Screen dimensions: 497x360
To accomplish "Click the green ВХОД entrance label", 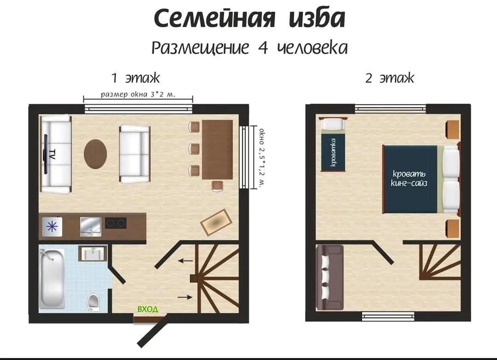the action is (147, 309).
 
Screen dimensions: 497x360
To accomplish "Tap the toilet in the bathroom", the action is (93, 302).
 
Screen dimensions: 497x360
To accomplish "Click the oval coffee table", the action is (95, 154).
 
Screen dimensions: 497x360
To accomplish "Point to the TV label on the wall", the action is (52, 154).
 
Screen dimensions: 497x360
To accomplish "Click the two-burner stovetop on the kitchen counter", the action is (116, 223).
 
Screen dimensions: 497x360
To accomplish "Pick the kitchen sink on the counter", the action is (91, 226).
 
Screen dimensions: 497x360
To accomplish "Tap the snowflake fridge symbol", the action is (52, 227).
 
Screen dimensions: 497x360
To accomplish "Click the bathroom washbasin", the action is (92, 254).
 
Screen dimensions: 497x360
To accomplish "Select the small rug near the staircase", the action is (216, 222).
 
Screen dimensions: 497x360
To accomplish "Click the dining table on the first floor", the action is (217, 149).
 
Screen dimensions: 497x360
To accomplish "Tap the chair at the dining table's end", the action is (217, 186).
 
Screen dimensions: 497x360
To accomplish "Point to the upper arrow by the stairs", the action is (185, 261).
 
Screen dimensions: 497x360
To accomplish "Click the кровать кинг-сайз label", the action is (409, 178).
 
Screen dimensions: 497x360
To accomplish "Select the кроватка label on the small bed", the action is (333, 152).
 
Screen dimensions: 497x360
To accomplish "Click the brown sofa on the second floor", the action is (329, 277).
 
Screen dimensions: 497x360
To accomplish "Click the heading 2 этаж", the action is (390, 78).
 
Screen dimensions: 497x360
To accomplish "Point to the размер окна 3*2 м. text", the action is (138, 94).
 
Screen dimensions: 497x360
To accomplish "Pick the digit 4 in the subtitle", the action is (262, 48).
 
